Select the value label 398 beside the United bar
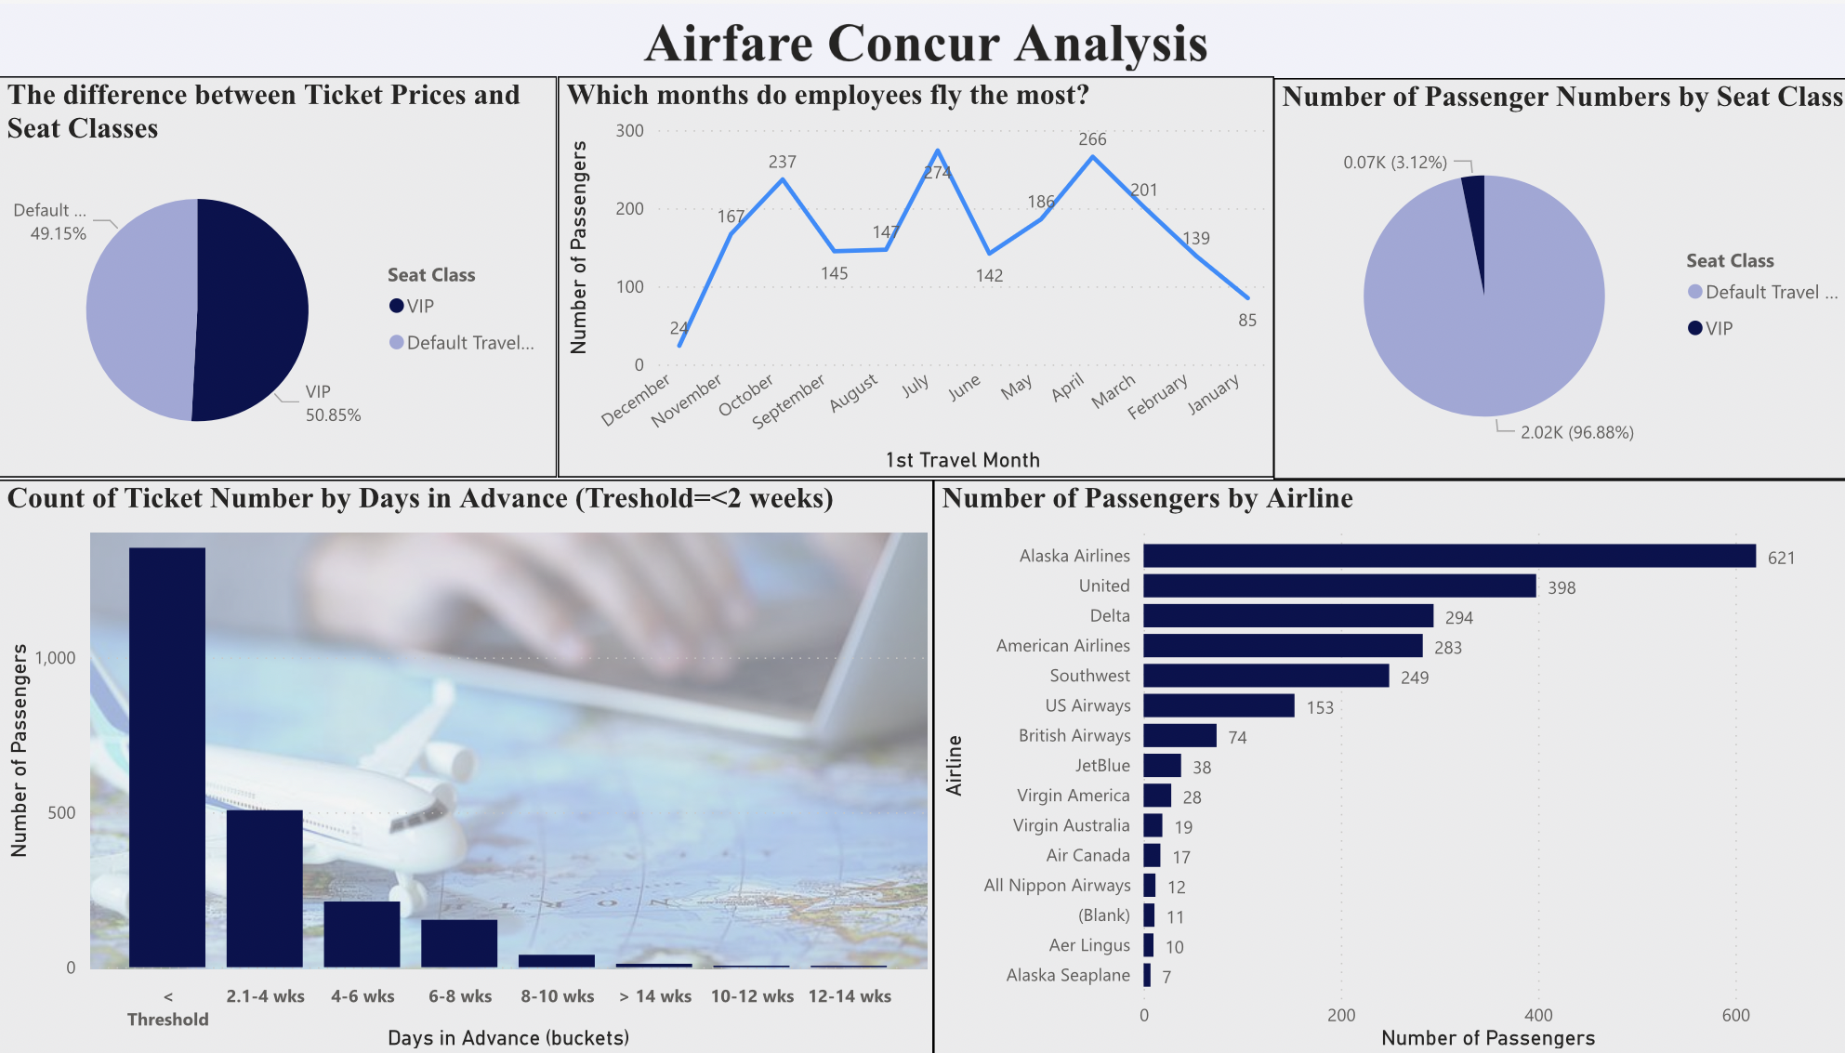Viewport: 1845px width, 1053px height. click(1562, 587)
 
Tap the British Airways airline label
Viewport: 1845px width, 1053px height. click(1074, 735)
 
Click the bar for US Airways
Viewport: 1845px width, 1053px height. click(1218, 705)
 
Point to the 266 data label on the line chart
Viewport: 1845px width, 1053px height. click(1092, 139)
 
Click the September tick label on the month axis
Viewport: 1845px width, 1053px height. click(789, 401)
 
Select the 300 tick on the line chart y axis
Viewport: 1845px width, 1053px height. click(629, 131)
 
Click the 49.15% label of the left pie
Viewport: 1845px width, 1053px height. click(58, 233)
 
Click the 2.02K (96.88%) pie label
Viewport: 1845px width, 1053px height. click(1576, 432)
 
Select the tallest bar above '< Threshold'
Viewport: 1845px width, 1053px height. click(167, 757)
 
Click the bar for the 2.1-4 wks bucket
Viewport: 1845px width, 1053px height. click(265, 888)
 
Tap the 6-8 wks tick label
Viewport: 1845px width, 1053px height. click(460, 996)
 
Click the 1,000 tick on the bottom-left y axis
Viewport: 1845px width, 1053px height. click(55, 658)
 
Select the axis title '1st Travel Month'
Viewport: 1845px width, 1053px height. click(962, 460)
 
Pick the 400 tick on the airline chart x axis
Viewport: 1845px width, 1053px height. click(1537, 1015)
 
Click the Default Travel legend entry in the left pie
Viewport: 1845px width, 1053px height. click(469, 343)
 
